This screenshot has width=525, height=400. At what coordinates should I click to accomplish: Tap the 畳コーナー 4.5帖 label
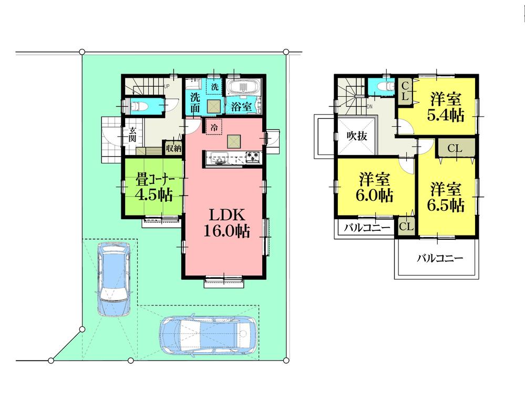[153, 187]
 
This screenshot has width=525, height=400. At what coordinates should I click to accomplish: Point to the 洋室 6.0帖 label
[375, 187]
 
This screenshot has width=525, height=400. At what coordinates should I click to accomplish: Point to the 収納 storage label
[173, 149]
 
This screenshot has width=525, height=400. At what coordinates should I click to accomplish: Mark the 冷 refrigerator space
[214, 127]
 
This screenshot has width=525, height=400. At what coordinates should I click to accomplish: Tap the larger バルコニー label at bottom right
[440, 258]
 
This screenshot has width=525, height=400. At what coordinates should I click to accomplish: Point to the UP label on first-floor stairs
[167, 86]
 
